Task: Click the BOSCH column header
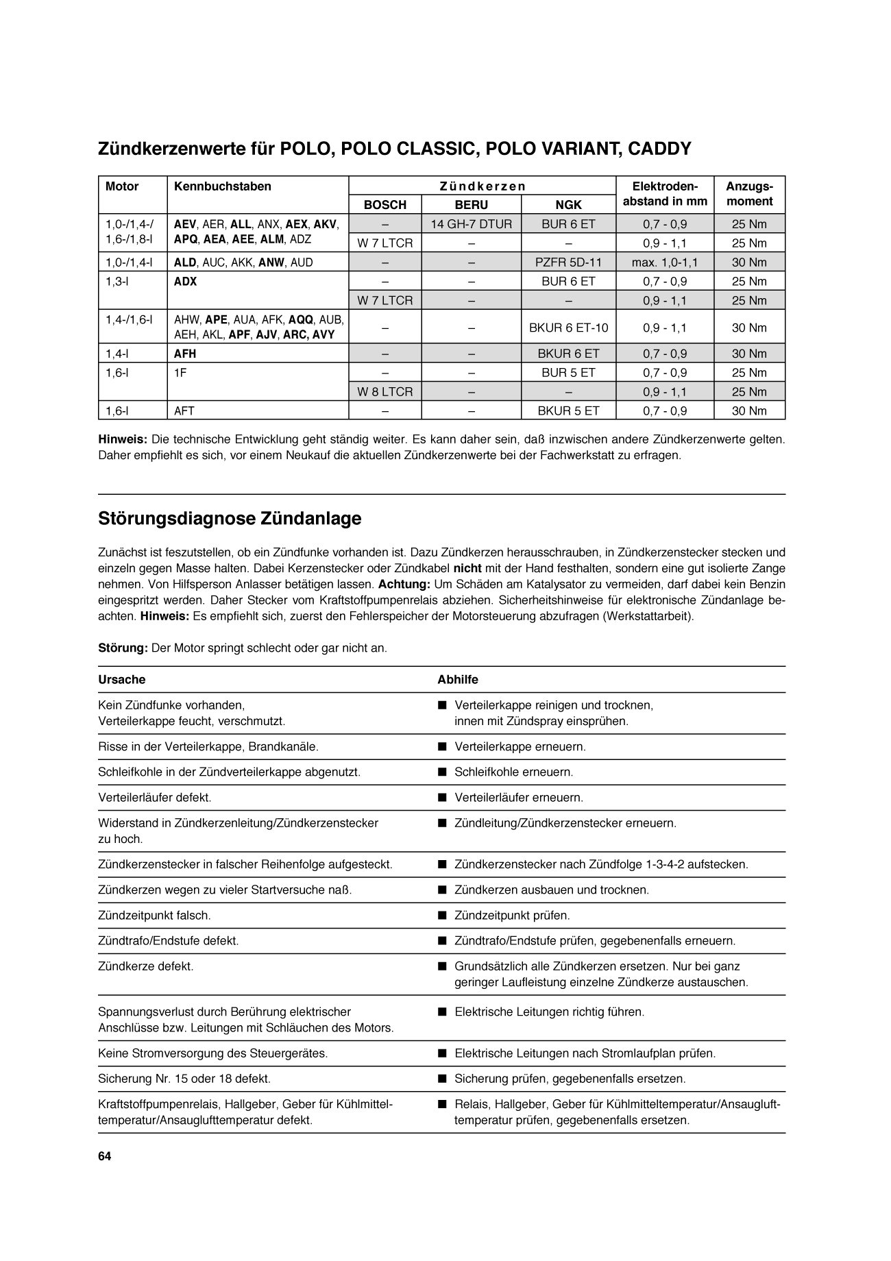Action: click(385, 205)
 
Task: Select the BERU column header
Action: click(471, 205)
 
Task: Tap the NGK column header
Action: click(568, 205)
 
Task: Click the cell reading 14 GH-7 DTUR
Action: click(471, 224)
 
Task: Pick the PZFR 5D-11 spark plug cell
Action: click(568, 262)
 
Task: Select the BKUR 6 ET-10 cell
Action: click(568, 328)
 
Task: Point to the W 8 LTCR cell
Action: click(385, 392)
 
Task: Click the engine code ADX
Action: click(185, 282)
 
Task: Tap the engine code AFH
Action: click(185, 354)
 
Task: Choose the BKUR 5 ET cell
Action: click(568, 411)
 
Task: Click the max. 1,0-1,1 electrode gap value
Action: click(665, 262)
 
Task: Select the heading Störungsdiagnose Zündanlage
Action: click(230, 519)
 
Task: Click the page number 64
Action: click(105, 1157)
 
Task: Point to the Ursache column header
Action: click(122, 680)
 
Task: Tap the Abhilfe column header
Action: click(458, 680)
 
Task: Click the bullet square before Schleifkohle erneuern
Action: click(442, 772)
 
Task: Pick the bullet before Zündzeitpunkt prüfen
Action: click(442, 916)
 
